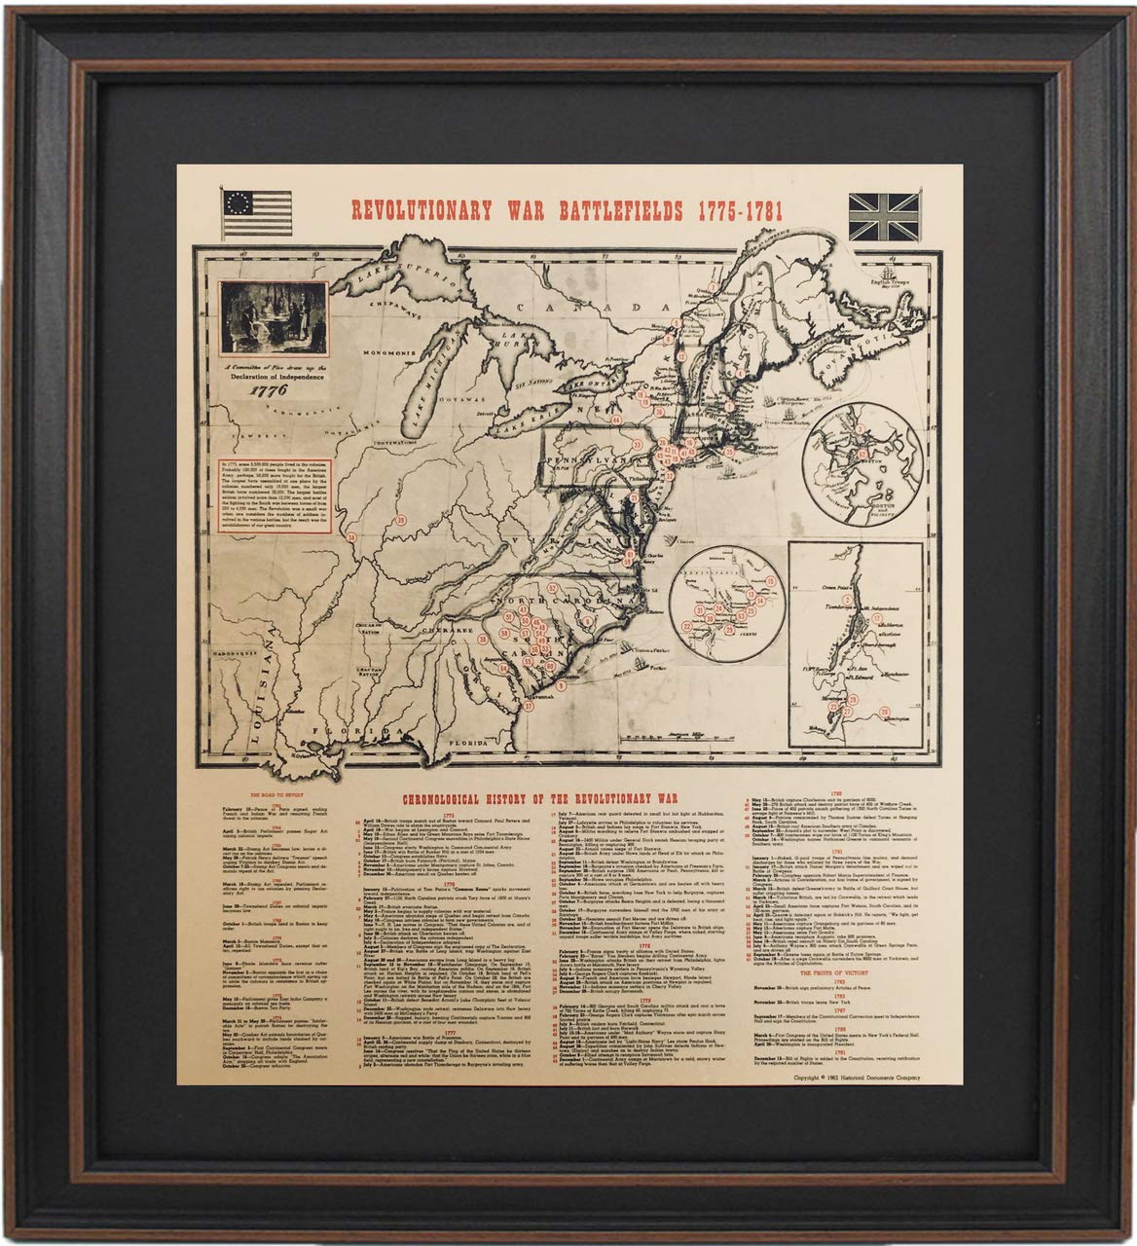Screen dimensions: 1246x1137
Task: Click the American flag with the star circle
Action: click(257, 212)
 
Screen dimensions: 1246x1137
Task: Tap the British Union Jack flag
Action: click(885, 215)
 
